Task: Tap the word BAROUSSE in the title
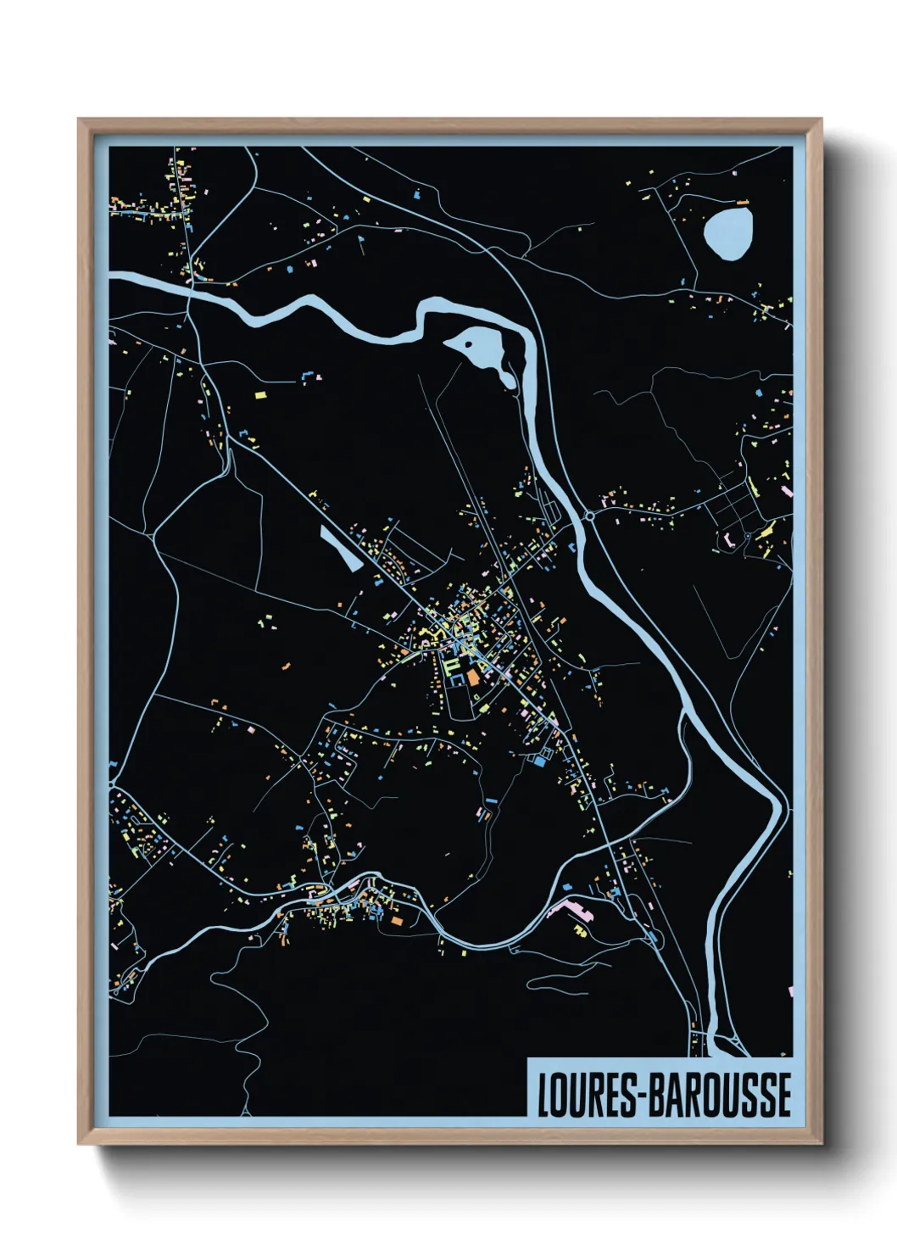point(721,1095)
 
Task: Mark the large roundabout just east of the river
point(588,515)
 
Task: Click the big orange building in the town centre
point(472,677)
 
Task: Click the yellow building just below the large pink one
point(581,932)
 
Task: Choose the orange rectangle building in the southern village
point(396,920)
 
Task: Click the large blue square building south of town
point(539,761)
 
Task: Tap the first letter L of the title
point(543,1095)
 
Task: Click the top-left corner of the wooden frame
point(79,120)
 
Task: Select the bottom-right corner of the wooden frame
point(821,1144)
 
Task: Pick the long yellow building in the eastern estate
point(766,532)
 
